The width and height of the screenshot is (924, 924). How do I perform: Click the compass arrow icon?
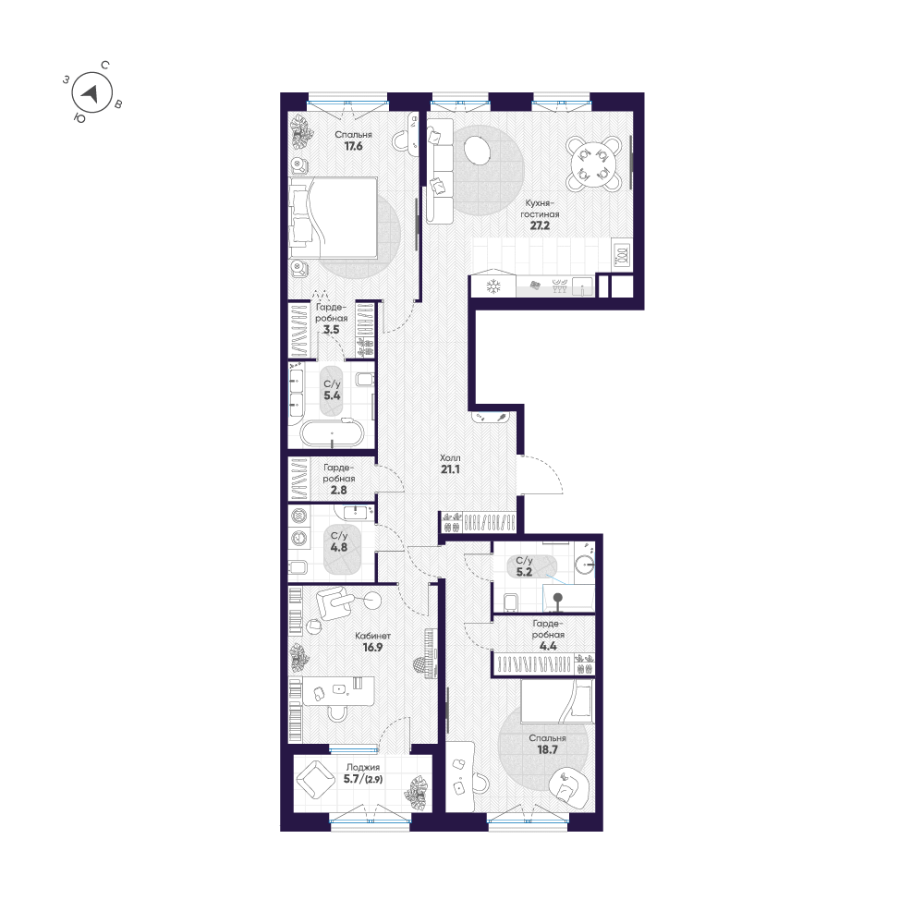pyautogui.click(x=91, y=92)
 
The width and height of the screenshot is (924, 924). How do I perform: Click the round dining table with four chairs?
pyautogui.click(x=591, y=163)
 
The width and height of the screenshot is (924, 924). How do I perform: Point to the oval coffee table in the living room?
pyautogui.click(x=478, y=150)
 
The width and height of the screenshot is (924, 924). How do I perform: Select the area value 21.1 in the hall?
pyautogui.click(x=451, y=469)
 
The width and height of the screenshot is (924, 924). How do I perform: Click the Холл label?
pyautogui.click(x=451, y=457)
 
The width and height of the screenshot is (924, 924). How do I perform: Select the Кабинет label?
pyautogui.click(x=373, y=636)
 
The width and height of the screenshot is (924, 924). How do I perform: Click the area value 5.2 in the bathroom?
pyautogui.click(x=524, y=572)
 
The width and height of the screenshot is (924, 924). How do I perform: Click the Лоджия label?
pyautogui.click(x=363, y=767)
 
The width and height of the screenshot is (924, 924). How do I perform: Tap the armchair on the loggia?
pyautogui.click(x=315, y=782)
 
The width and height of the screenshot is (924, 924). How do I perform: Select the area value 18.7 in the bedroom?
pyautogui.click(x=547, y=751)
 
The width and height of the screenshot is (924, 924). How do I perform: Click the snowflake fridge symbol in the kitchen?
pyautogui.click(x=492, y=286)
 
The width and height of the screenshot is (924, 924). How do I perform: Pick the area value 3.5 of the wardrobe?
pyautogui.click(x=331, y=328)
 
